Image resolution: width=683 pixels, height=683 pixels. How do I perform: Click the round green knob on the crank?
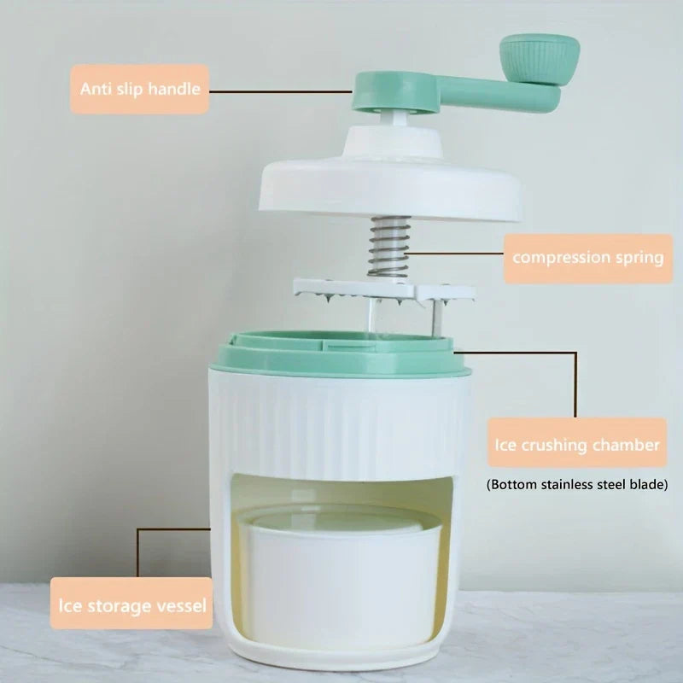click(540, 60)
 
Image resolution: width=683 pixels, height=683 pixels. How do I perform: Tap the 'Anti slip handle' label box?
click(140, 90)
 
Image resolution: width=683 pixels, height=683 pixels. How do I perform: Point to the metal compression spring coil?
click(389, 247)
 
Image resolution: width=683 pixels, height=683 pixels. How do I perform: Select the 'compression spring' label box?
click(588, 259)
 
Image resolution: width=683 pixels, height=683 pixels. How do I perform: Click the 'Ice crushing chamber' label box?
click(577, 442)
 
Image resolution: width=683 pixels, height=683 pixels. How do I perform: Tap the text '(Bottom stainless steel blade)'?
click(577, 484)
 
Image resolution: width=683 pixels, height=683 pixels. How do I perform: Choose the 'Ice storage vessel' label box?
click(131, 604)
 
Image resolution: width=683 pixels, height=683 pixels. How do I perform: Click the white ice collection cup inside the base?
click(340, 575)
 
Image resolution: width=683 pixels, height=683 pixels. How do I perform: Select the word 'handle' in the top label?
click(174, 89)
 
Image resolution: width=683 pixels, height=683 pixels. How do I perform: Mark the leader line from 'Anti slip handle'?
click(281, 91)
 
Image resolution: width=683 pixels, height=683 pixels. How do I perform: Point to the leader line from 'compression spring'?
click(454, 253)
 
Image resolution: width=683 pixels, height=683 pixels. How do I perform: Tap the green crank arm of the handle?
click(455, 94)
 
